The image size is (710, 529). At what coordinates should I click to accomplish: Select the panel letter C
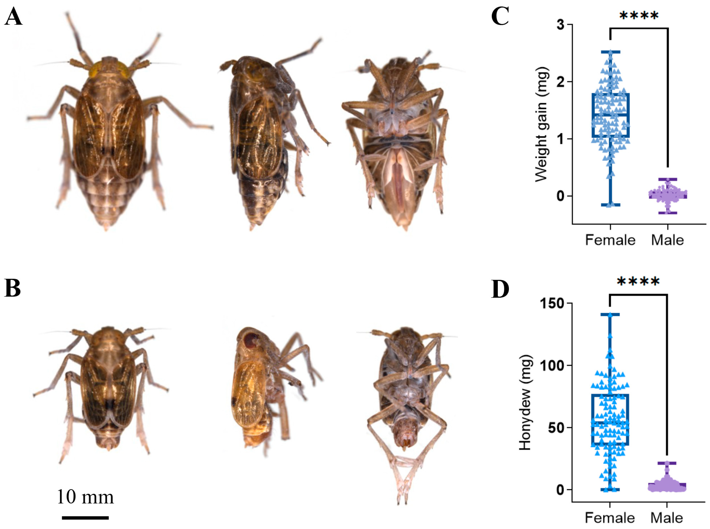500,17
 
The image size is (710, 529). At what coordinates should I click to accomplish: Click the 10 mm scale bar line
85,517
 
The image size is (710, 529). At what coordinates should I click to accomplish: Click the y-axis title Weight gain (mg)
542,124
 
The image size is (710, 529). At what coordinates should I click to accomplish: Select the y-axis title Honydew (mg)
525,402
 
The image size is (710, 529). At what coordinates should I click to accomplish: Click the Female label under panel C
610,240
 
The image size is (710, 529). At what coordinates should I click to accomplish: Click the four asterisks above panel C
639,15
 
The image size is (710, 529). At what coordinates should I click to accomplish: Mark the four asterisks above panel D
638,281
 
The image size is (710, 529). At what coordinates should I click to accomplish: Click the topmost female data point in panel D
610,315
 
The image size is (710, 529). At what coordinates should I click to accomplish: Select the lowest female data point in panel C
609,205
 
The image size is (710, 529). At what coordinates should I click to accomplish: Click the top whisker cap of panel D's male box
667,463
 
